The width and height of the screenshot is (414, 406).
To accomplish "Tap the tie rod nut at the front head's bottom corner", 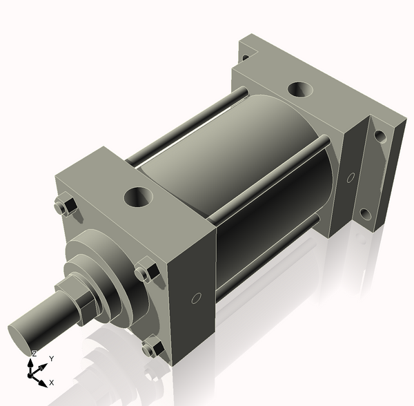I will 151,349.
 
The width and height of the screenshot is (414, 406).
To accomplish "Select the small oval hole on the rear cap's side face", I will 351,177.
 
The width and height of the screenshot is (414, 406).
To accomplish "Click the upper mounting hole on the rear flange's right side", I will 379,136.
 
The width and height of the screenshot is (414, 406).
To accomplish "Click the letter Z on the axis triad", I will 34,354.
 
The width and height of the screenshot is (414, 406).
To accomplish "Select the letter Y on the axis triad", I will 51,359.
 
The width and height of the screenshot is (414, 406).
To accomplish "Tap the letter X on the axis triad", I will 52,382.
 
